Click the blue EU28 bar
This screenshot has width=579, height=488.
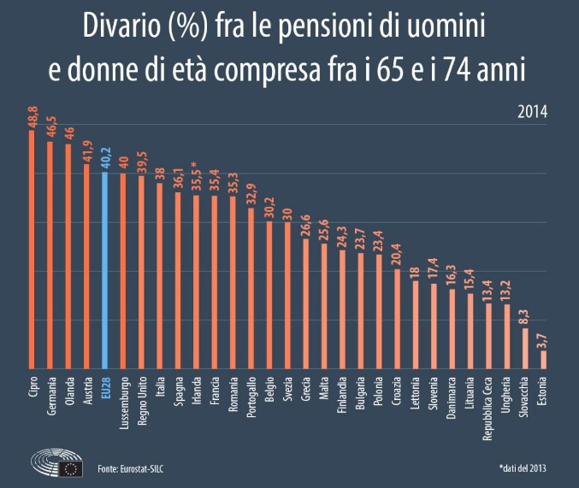coord(105,271)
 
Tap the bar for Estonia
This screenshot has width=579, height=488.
coord(543,360)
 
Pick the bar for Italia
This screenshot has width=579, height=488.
coord(160,276)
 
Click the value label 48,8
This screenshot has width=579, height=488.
coord(32,117)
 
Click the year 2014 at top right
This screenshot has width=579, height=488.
coord(531,112)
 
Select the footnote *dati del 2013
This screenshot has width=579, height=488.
coord(523,468)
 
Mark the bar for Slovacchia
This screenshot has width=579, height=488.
coord(525,349)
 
